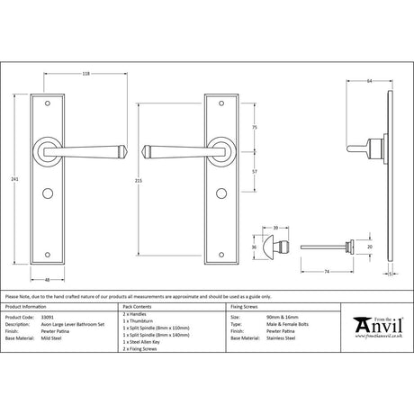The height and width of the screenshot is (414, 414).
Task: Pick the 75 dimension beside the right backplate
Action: point(257,128)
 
